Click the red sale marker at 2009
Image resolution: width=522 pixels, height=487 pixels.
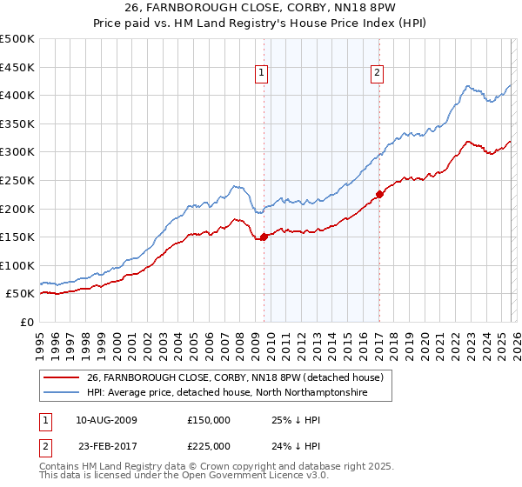coord(264,237)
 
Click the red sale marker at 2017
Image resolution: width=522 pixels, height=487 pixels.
coord(379,194)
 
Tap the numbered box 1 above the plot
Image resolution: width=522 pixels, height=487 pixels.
coord(262,74)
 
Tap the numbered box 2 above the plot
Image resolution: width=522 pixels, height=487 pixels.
coord(378,74)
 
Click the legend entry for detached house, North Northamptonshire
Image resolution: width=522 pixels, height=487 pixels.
coord(227,393)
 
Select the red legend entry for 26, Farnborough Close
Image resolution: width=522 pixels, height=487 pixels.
coord(240,377)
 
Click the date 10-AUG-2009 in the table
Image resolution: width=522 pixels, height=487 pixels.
coord(106,420)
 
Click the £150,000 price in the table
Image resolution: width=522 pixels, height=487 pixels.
coord(209,420)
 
